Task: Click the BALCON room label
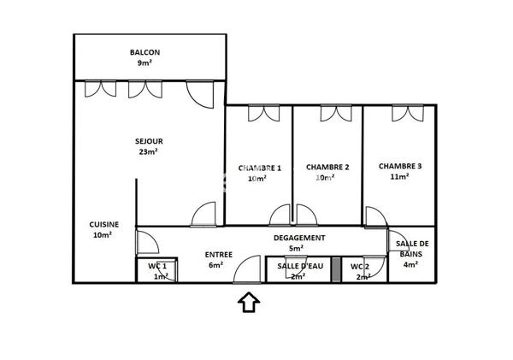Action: coord(144,52)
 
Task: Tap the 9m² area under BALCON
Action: coord(144,63)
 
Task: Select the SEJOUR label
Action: coord(149,141)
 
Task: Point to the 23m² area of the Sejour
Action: coord(149,152)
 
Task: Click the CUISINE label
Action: coord(103,224)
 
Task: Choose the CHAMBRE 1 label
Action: coord(259,168)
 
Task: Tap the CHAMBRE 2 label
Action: coord(327,168)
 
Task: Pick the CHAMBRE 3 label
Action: coord(400,166)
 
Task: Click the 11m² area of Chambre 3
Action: coord(400,177)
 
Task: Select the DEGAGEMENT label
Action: coord(298,239)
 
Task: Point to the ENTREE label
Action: coord(219,254)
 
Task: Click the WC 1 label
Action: coord(157,266)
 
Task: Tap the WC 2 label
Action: coord(360,266)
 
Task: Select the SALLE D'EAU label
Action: coord(298,266)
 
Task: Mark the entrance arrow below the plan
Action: coord(249,302)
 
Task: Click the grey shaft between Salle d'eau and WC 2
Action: coord(337,269)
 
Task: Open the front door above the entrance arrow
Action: coord(250,271)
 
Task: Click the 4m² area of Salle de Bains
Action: coord(412,265)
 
